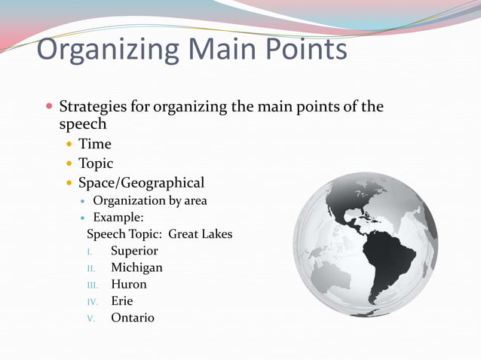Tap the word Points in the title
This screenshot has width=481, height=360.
coord(301,50)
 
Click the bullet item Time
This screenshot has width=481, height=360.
coord(94,144)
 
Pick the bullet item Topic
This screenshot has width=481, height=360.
coord(96,163)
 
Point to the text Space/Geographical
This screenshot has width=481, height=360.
coord(141,183)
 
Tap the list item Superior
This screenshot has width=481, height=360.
coord(134,251)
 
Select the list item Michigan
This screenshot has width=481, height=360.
coord(136,267)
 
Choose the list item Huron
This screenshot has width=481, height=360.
coord(129,285)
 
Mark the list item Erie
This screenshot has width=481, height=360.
coord(122,301)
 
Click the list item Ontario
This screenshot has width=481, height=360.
coord(133,318)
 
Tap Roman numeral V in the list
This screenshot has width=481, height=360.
coord(90,319)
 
